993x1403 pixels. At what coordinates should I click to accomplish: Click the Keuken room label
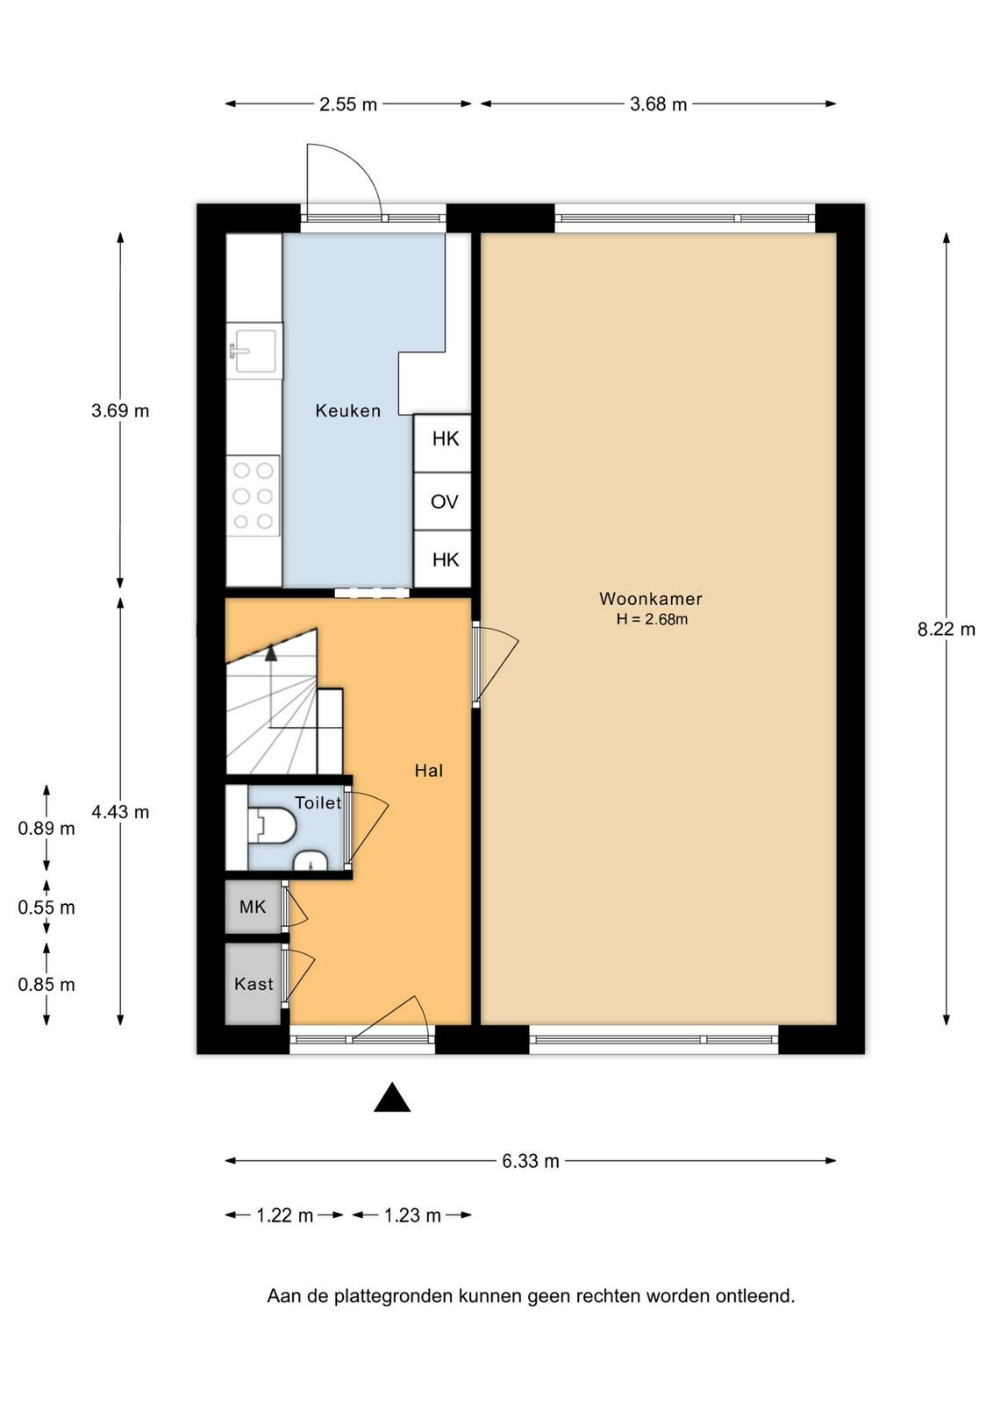click(x=347, y=411)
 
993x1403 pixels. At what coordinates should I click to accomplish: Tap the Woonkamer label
click(x=650, y=599)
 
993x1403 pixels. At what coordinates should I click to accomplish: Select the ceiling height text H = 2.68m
click(x=652, y=619)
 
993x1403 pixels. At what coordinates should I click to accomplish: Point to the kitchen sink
click(x=254, y=351)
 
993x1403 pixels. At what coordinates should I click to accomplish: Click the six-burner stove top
click(x=253, y=495)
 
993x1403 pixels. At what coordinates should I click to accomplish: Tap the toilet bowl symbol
click(x=272, y=825)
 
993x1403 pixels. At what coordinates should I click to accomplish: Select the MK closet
click(x=254, y=907)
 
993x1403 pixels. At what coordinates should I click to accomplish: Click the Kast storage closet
click(x=254, y=984)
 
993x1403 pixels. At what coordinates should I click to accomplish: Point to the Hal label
click(x=429, y=771)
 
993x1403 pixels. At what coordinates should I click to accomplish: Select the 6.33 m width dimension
click(x=530, y=1161)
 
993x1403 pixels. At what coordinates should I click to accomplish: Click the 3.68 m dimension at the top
click(x=658, y=104)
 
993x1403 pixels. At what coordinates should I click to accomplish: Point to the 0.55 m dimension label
click(x=46, y=907)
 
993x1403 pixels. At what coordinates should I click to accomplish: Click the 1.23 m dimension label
click(x=412, y=1215)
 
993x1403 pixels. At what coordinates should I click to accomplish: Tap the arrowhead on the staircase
click(x=271, y=653)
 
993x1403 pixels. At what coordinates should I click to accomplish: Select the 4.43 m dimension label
click(x=120, y=812)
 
